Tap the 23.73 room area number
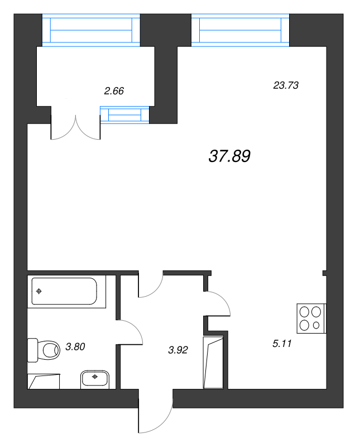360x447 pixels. (x=286, y=85)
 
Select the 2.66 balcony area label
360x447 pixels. (x=114, y=91)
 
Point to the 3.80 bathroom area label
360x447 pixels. (x=75, y=347)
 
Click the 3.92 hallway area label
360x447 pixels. (x=178, y=350)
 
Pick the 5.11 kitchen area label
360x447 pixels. (x=282, y=344)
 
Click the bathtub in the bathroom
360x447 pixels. (x=64, y=291)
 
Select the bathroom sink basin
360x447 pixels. (x=95, y=379)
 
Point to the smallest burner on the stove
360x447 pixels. (x=316, y=325)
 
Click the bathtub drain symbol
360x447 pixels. (x=39, y=291)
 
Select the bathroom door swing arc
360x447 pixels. (x=132, y=333)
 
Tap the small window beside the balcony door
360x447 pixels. (x=125, y=115)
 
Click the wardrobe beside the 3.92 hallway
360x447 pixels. (x=214, y=362)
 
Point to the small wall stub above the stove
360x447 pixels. (x=324, y=274)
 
